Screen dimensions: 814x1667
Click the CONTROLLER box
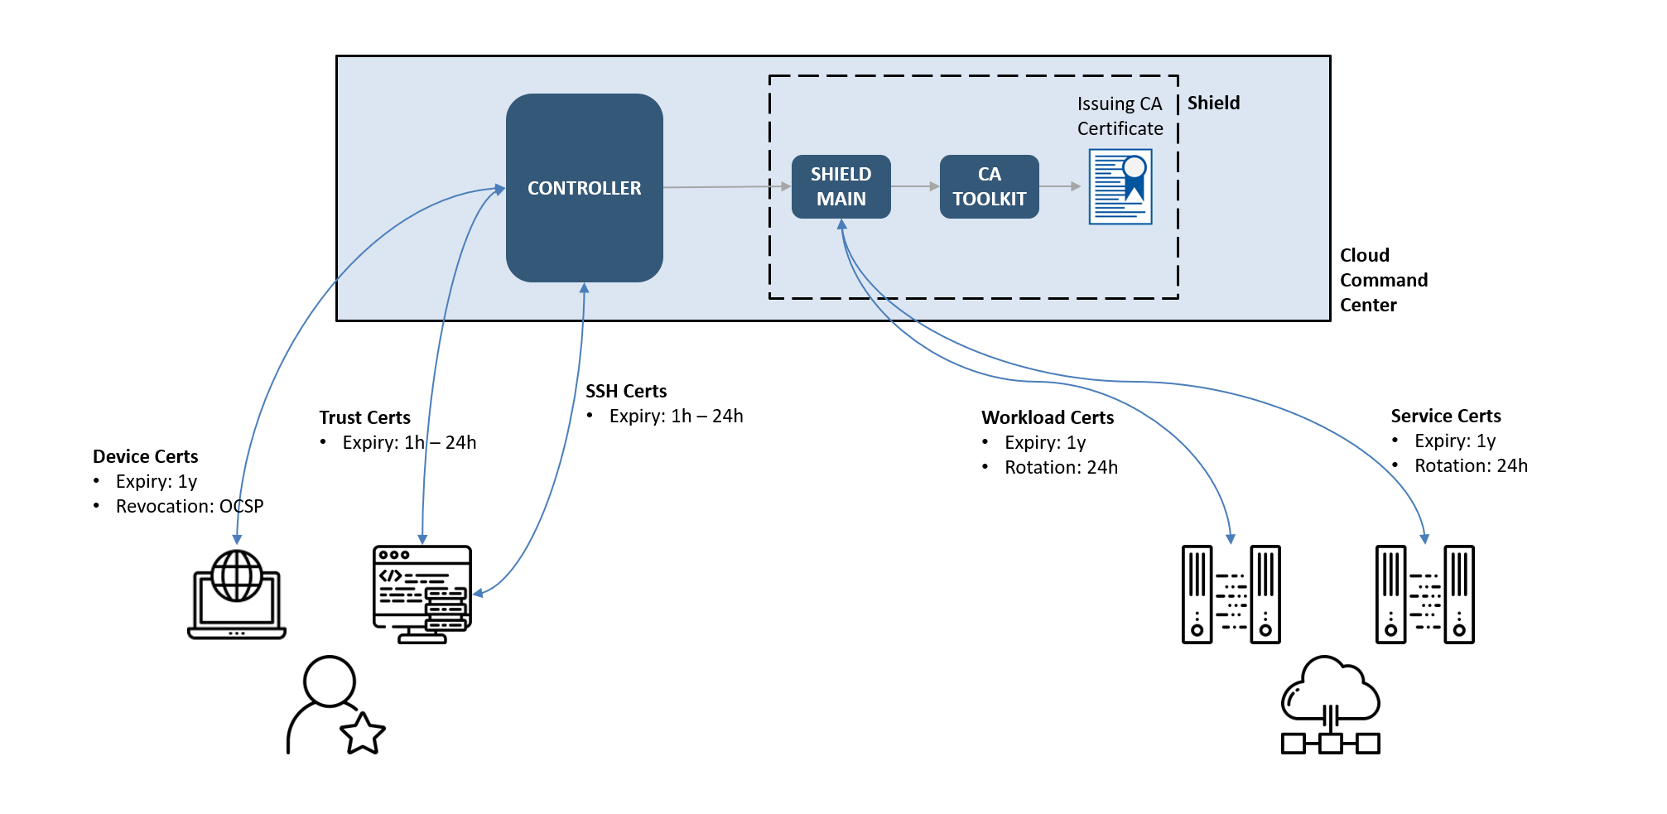pos(584,188)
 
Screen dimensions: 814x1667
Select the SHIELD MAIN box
pos(841,186)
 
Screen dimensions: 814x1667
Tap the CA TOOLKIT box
pos(989,186)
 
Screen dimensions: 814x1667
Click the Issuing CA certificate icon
pos(1120,186)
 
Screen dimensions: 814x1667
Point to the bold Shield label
pos(1213,103)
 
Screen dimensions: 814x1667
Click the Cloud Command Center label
pos(1383,280)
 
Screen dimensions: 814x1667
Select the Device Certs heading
pos(145,456)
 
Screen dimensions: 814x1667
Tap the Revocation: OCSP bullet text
pos(189,506)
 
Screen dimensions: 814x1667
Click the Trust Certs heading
pos(364,417)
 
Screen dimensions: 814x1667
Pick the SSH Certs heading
pos(626,391)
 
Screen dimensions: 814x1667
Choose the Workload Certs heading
pos(1048,417)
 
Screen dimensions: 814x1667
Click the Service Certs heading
pos(1445,416)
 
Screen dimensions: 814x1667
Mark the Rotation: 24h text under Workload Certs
pos(1061,467)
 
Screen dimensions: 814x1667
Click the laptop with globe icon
pos(237,594)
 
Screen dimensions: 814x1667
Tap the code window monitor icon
pos(422,594)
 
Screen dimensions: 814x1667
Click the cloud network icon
pos(1330,706)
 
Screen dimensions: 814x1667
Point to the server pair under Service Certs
pos(1424,594)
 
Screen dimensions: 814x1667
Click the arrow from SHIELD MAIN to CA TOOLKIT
pos(915,186)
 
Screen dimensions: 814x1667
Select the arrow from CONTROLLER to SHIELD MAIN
pos(726,187)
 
